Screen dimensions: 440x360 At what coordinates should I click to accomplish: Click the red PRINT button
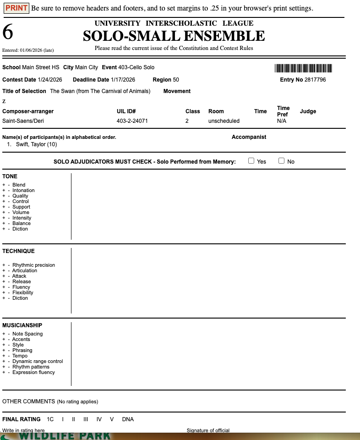click(16, 8)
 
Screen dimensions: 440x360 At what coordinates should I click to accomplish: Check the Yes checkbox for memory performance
click(251, 161)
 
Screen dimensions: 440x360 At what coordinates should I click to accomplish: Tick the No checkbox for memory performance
click(281, 161)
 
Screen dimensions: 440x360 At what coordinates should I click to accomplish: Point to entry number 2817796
click(315, 80)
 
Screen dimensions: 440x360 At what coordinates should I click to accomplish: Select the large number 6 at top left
click(8, 32)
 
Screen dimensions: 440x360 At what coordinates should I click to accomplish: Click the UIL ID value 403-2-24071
click(132, 121)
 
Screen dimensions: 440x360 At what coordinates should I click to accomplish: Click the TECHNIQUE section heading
click(18, 251)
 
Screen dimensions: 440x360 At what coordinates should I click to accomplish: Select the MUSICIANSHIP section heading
click(22, 325)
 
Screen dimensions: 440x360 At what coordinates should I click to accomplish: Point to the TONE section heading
click(10, 176)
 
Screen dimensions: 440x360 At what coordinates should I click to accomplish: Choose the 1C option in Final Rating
click(50, 419)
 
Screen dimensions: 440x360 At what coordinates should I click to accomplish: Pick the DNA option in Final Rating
click(128, 419)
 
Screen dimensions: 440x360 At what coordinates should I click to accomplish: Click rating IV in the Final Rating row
click(99, 419)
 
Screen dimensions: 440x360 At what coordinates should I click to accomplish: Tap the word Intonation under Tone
click(23, 190)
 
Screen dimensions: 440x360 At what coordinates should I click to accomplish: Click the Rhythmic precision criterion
click(33, 265)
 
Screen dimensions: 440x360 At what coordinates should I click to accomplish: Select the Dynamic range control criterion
click(38, 361)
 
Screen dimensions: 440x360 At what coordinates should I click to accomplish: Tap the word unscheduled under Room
click(224, 121)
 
